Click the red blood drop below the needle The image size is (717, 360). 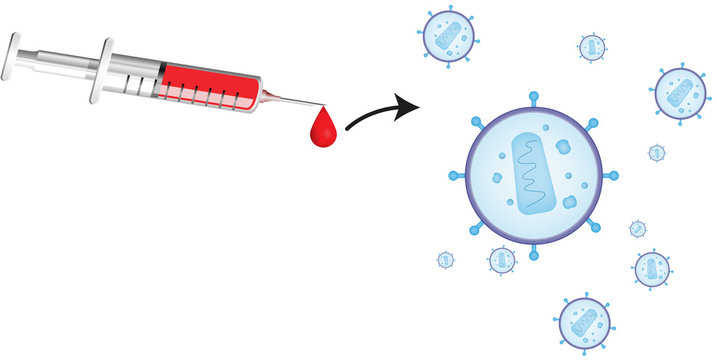(x=322, y=130)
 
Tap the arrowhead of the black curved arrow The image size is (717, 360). (x=407, y=104)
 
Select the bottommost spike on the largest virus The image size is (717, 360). (x=533, y=256)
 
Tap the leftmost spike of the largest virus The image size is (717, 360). (x=453, y=176)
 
